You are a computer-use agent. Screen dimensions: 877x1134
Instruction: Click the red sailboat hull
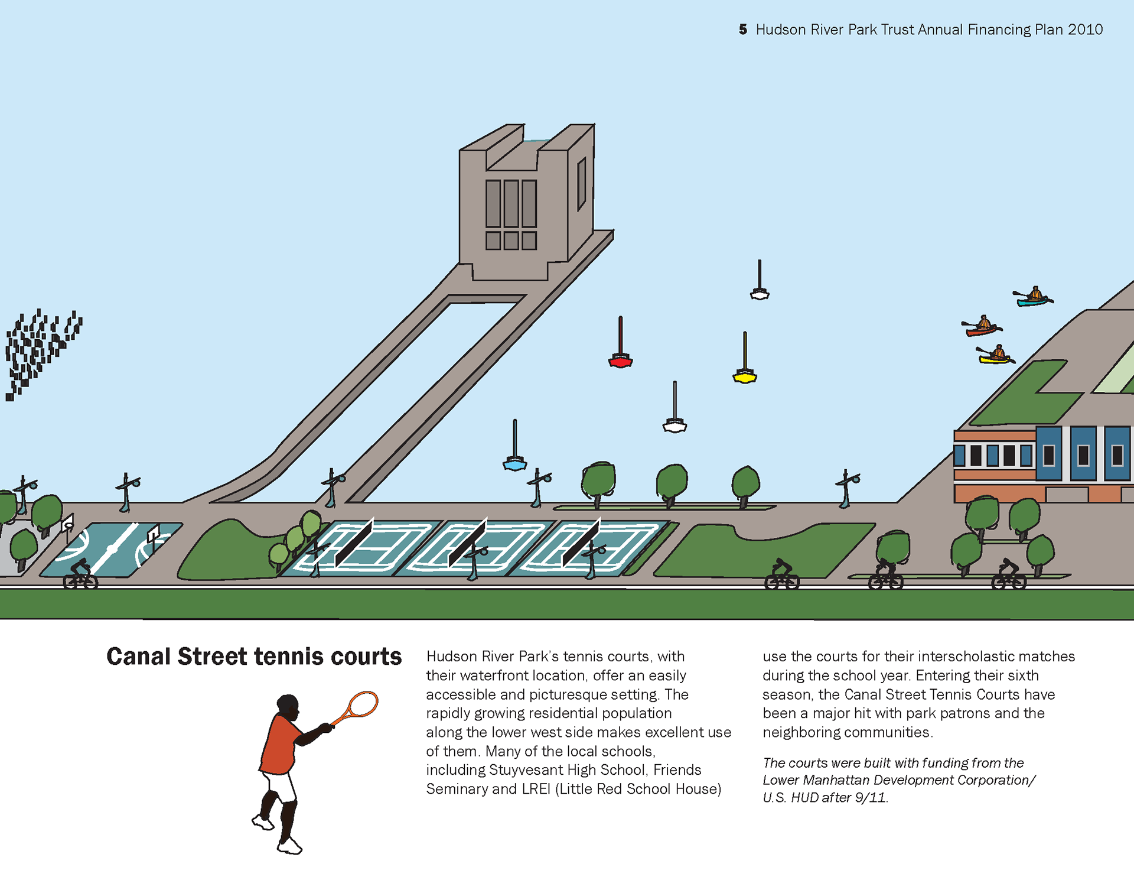tap(620, 362)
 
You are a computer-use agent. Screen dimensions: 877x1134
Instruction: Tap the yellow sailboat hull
tap(745, 377)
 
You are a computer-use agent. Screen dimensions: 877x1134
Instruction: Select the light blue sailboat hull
tap(514, 465)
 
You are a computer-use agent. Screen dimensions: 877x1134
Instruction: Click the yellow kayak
tap(995, 359)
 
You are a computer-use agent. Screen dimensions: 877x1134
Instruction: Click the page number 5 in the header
tap(742, 30)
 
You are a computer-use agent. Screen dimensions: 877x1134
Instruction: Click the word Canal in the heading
tap(139, 657)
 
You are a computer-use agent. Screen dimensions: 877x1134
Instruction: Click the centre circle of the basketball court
tap(111, 550)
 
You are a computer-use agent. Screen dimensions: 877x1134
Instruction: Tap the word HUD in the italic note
tap(804, 798)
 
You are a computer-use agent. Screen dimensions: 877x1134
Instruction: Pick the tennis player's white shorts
tap(281, 786)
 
